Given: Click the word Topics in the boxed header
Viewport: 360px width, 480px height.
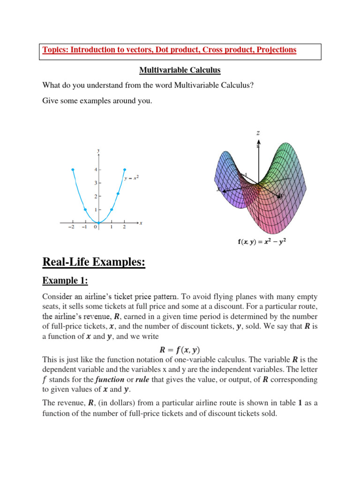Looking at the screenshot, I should (x=54, y=50).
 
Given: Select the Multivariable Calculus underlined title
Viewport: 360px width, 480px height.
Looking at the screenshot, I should (x=180, y=70).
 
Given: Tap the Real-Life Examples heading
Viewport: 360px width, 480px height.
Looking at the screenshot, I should (x=94, y=262).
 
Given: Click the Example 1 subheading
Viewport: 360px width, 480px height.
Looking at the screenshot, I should (x=65, y=280).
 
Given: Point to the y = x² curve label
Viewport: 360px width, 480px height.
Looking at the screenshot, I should (x=132, y=178).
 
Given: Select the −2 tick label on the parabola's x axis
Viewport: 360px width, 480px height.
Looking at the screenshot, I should (x=72, y=227).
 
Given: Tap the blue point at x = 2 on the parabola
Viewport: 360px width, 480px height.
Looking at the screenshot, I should (x=125, y=169).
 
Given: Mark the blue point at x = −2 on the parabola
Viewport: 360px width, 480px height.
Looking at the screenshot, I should (x=73, y=169).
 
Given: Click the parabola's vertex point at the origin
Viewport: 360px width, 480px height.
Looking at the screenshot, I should (x=98, y=223).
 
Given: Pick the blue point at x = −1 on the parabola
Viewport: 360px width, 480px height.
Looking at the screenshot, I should (x=85, y=210).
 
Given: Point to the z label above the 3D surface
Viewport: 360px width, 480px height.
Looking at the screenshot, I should (x=258, y=133).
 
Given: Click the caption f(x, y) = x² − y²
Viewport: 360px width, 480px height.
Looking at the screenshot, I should (x=259, y=242).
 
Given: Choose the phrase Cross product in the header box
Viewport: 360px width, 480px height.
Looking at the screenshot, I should (x=217, y=50).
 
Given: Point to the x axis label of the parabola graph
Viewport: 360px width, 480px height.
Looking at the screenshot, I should (x=140, y=223).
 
